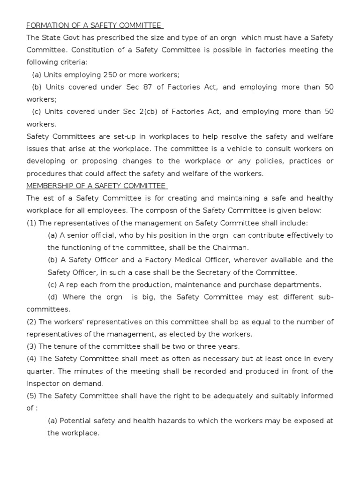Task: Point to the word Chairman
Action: click(231, 247)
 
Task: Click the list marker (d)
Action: click(53, 297)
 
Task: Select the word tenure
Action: click(65, 346)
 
